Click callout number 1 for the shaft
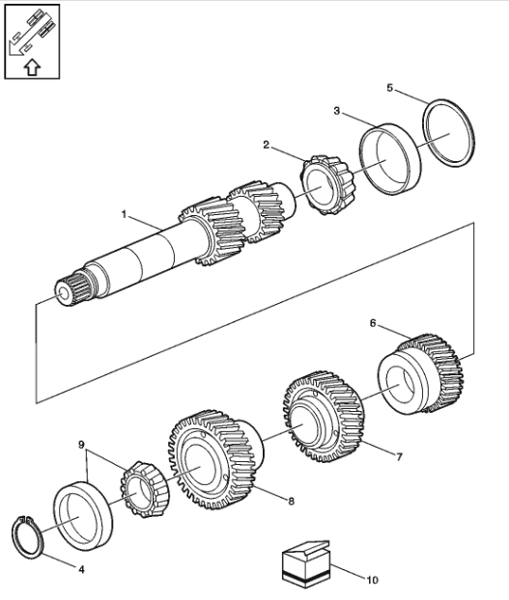(124, 214)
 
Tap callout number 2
(267, 145)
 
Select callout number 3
(336, 111)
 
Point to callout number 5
(389, 88)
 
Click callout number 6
(373, 323)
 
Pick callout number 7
(399, 456)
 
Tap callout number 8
(291, 501)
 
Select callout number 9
(81, 445)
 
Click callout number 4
(81, 570)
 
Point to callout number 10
(372, 580)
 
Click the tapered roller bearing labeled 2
(327, 185)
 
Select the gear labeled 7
(324, 417)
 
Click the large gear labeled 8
(214, 459)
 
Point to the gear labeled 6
(421, 373)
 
